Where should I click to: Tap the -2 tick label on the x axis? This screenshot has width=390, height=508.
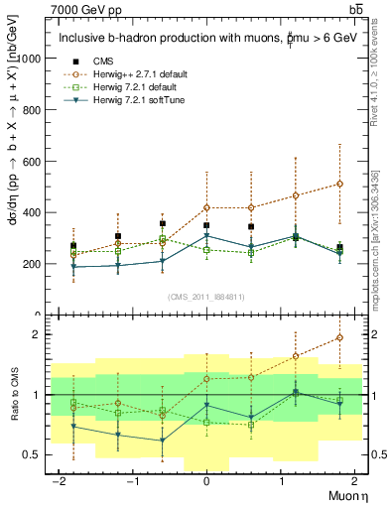tap(62, 481)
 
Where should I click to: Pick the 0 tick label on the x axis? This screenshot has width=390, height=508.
tap(206, 481)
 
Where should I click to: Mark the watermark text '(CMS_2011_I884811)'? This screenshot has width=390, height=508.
tap(206, 296)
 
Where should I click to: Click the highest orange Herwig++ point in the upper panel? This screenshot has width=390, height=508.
tap(339, 184)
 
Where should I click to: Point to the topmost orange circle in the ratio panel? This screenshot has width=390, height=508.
tap(339, 337)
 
